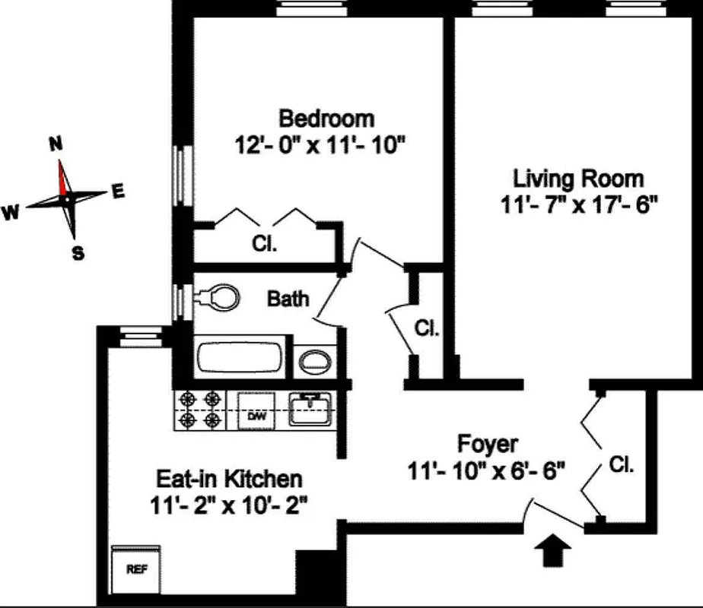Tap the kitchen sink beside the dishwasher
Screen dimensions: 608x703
310,410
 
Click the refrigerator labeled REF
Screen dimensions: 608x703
136,569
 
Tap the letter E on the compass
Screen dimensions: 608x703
117,192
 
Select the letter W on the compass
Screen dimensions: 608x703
11,214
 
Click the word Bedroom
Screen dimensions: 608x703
326,119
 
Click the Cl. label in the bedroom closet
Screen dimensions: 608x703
264,245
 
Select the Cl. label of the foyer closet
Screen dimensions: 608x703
621,464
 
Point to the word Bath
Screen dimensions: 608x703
288,298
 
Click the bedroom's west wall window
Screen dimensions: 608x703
181,175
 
